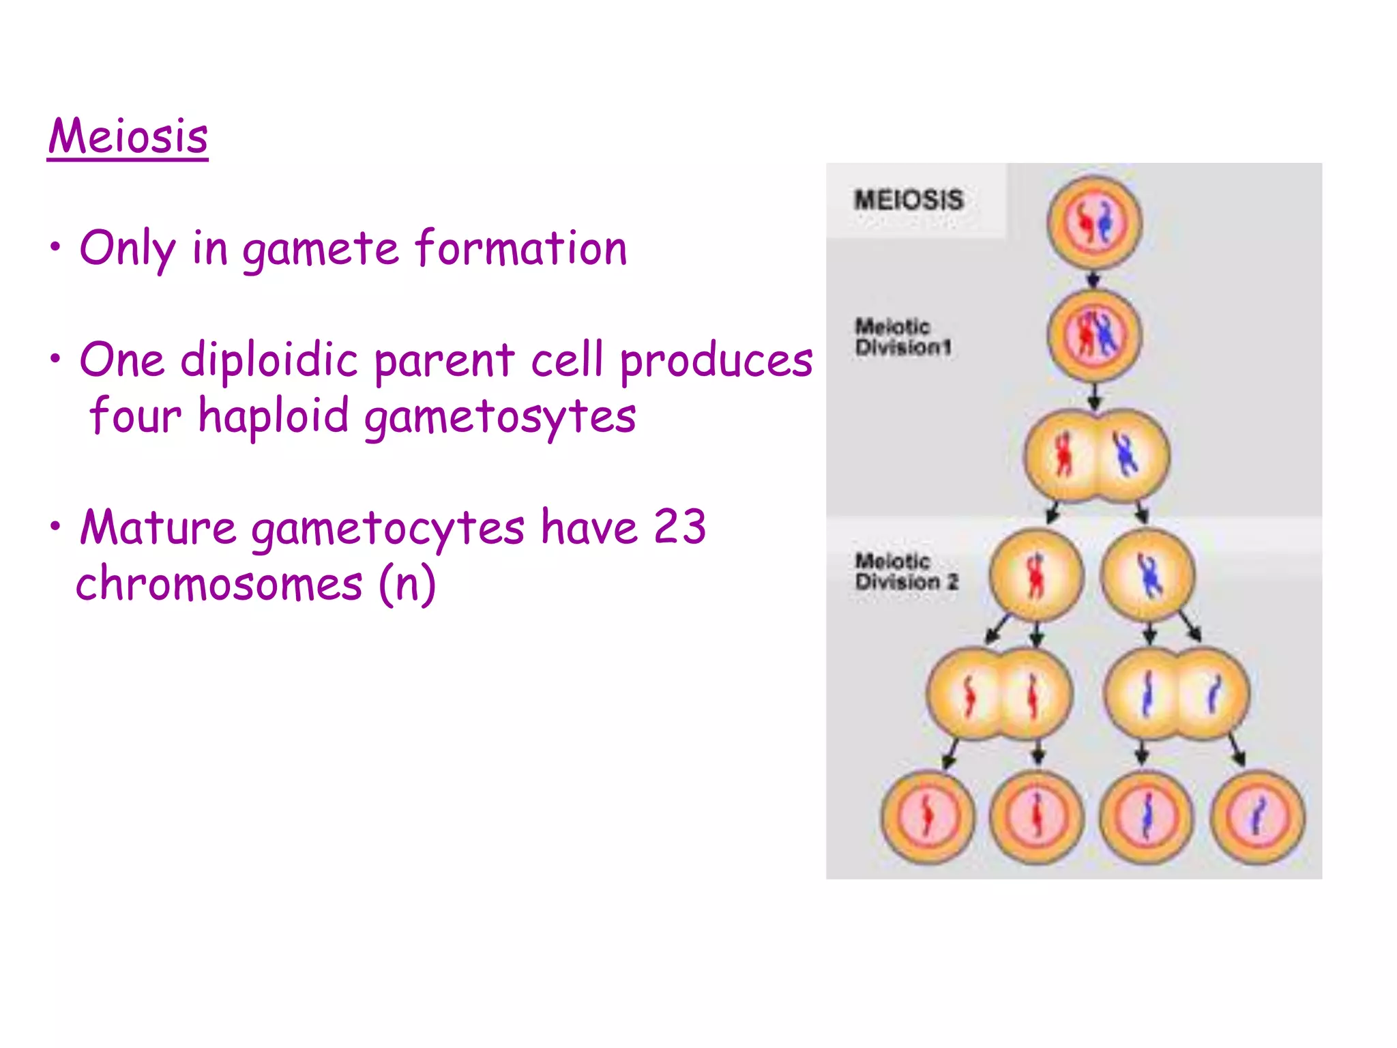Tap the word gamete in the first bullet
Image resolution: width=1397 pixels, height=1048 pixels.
tap(321, 249)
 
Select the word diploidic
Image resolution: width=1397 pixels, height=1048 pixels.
tap(269, 360)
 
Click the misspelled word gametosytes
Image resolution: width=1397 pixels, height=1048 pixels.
tap(499, 417)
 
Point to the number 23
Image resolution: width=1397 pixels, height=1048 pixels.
tap(679, 527)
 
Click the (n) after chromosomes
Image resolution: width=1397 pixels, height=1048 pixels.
tap(407, 585)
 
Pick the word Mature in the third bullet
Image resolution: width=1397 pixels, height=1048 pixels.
tap(158, 527)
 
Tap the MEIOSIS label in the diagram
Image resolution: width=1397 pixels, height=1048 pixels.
tap(909, 200)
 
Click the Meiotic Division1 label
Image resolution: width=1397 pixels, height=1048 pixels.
tap(902, 337)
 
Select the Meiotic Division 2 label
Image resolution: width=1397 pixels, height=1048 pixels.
tap(907, 572)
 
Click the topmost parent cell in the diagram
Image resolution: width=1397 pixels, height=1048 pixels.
tap(1094, 222)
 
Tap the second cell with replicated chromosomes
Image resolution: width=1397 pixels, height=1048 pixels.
tap(1094, 335)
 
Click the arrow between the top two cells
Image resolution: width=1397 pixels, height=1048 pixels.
tap(1093, 279)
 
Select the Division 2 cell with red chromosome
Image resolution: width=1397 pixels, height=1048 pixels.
tap(1036, 574)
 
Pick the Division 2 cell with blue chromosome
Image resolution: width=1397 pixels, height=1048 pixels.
tap(1149, 574)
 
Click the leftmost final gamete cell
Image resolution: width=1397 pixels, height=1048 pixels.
tap(928, 817)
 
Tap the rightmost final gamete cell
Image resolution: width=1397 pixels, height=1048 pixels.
tap(1258, 817)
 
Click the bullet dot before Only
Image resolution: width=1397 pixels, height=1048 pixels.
tap(55, 247)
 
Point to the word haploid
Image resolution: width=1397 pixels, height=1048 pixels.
tap(274, 417)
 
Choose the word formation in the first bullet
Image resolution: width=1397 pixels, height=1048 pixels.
tap(521, 249)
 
